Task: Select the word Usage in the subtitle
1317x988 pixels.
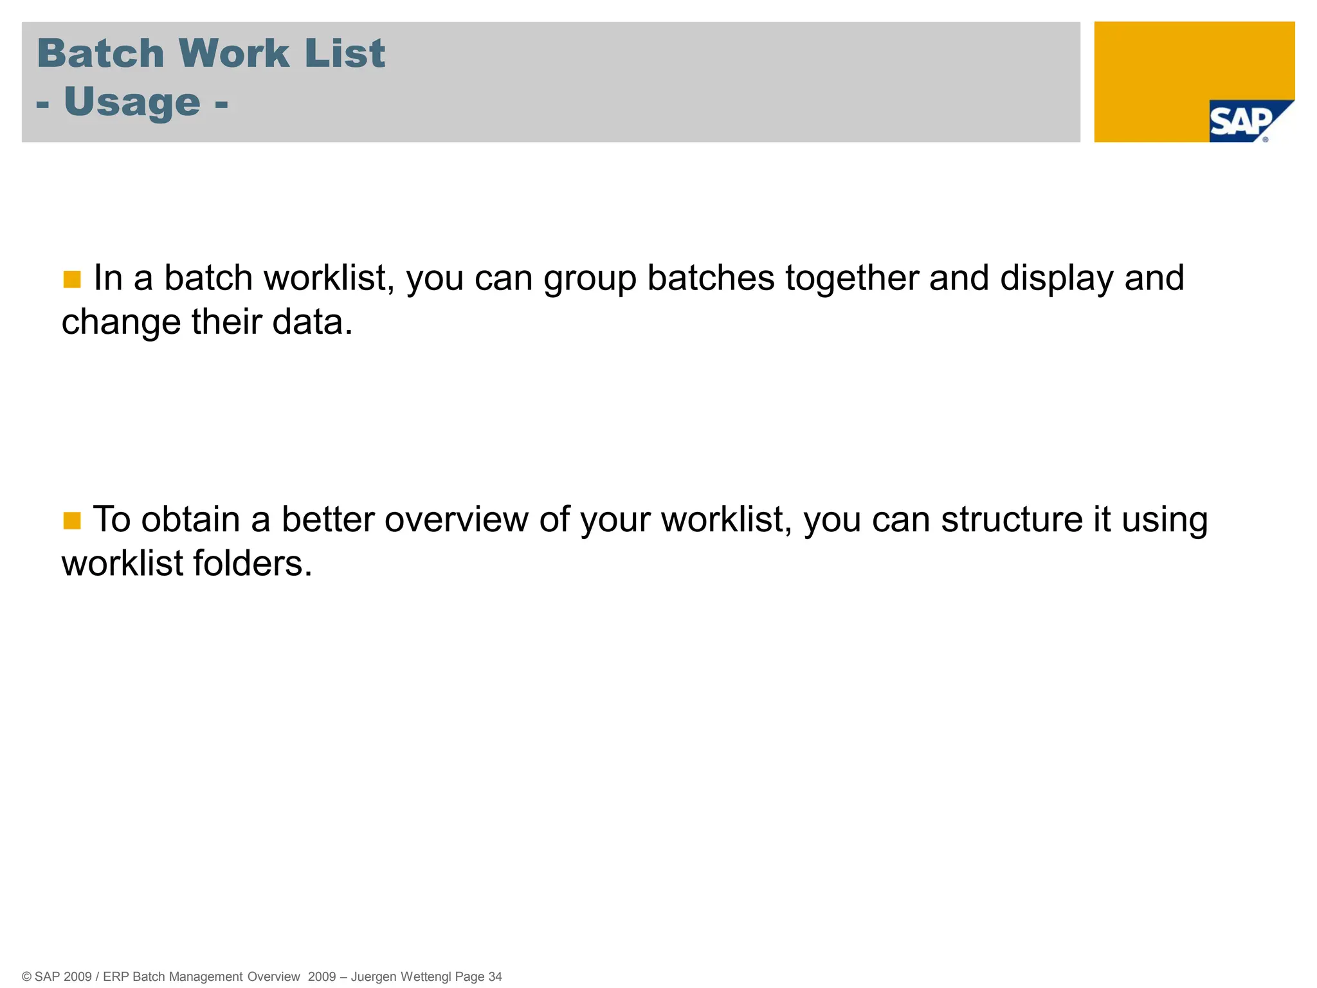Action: click(x=132, y=103)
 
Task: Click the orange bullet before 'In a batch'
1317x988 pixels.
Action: click(x=72, y=280)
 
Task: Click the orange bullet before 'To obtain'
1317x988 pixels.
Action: click(x=72, y=520)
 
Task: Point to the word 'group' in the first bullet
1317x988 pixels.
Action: click(x=590, y=279)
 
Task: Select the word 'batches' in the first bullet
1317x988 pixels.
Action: click(x=711, y=278)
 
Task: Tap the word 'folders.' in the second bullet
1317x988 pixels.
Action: click(x=253, y=563)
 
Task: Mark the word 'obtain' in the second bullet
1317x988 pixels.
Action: click(x=190, y=520)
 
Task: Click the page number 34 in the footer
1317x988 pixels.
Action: click(x=495, y=976)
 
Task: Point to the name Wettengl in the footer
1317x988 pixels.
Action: click(x=426, y=976)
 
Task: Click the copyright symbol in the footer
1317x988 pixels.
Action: click(x=26, y=976)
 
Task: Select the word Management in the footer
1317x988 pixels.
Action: click(x=206, y=976)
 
